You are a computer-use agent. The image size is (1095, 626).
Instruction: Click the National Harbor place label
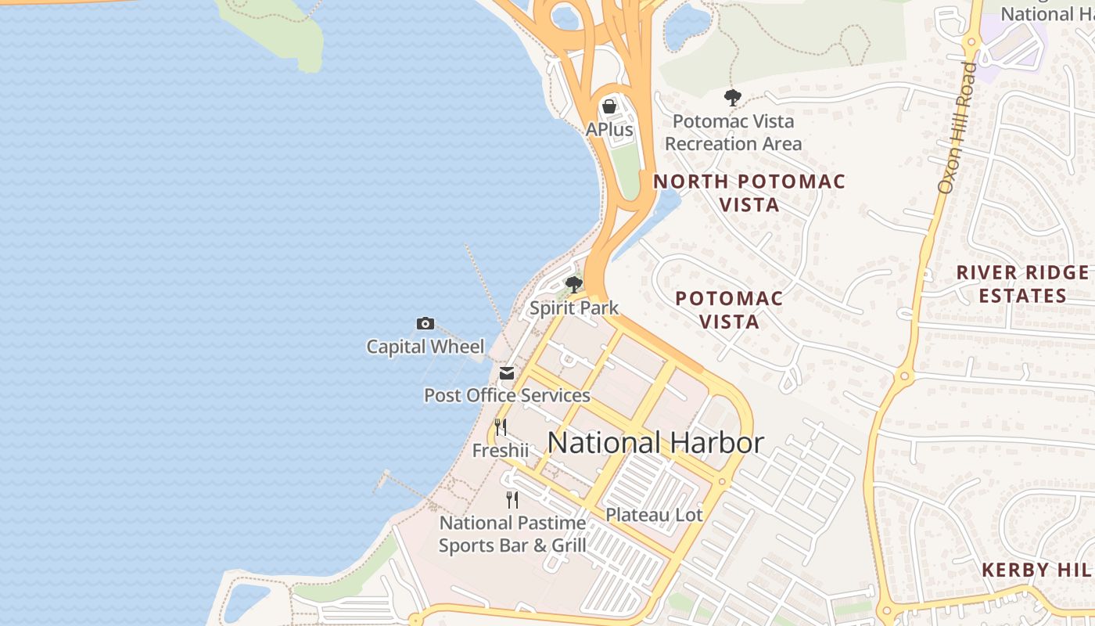(x=655, y=443)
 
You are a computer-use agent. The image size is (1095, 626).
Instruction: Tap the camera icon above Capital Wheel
(x=425, y=323)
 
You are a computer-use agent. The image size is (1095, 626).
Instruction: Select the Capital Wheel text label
(x=425, y=347)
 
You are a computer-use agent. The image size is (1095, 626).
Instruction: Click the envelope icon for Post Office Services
(x=507, y=373)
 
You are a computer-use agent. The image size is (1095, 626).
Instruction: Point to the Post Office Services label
(x=507, y=395)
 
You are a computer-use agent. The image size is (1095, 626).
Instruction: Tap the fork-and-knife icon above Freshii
(x=501, y=427)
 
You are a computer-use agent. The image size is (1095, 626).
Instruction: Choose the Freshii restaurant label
(x=501, y=451)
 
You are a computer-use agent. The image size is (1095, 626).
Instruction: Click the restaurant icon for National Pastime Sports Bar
(x=512, y=499)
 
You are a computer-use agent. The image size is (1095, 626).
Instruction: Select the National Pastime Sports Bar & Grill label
(x=512, y=534)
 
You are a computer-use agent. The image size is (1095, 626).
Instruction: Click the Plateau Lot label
(x=655, y=515)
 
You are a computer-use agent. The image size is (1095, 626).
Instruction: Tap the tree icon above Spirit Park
(x=574, y=285)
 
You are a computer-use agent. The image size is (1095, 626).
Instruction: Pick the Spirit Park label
(x=574, y=308)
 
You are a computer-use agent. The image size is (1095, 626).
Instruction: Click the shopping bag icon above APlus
(x=609, y=106)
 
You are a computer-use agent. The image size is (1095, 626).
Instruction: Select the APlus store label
(x=609, y=129)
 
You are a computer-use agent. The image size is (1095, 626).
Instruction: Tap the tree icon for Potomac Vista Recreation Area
(x=733, y=98)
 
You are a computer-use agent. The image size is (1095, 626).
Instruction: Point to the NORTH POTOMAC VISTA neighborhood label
(x=749, y=193)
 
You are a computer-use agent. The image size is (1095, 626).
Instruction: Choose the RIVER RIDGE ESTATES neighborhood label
(x=1022, y=284)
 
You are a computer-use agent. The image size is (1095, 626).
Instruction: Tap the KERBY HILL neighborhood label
(x=1037, y=570)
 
